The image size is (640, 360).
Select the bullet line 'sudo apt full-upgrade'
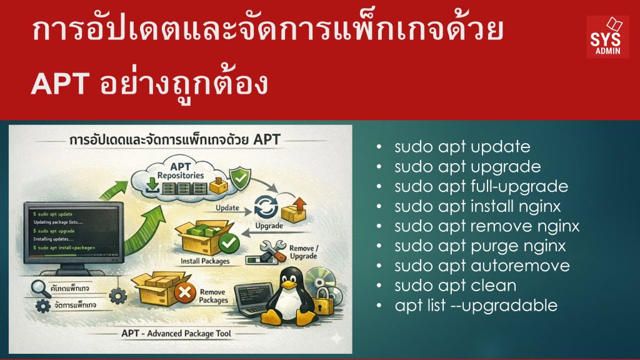point(481,186)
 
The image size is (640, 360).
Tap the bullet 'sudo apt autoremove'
point(482,266)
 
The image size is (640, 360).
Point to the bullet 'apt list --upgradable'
point(476,306)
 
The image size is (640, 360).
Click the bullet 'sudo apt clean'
point(455,286)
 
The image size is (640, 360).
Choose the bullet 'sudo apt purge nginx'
point(480,246)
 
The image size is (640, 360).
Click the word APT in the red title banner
point(60,84)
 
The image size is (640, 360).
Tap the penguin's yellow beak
point(289,286)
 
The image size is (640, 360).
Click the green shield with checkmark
point(239,177)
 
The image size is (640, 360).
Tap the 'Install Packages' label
point(204,260)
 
